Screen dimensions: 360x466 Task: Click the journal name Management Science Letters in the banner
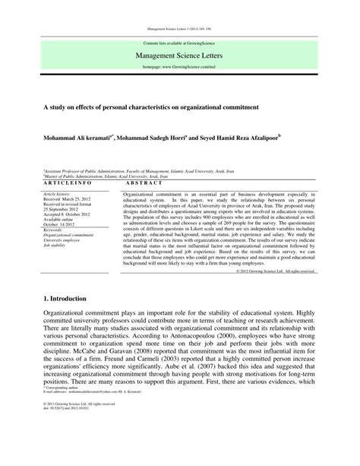[x=180, y=55]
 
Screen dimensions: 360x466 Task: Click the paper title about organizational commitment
[x=152, y=107]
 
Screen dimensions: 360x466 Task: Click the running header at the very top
[x=180, y=30]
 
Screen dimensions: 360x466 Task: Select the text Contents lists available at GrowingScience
[x=180, y=43]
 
